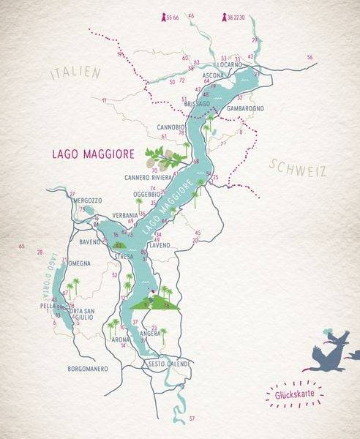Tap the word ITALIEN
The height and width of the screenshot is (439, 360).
point(75,74)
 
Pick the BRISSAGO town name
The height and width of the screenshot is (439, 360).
point(197,105)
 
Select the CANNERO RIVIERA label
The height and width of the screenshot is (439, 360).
point(147,178)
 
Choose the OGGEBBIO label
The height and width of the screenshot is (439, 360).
point(146,194)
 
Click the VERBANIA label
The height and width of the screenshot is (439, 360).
point(126,215)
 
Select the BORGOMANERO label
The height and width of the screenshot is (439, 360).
point(88,368)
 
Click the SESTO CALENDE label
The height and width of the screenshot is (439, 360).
point(169,364)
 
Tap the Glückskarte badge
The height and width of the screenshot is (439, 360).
point(292,396)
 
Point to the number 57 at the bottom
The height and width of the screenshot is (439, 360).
point(192,418)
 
